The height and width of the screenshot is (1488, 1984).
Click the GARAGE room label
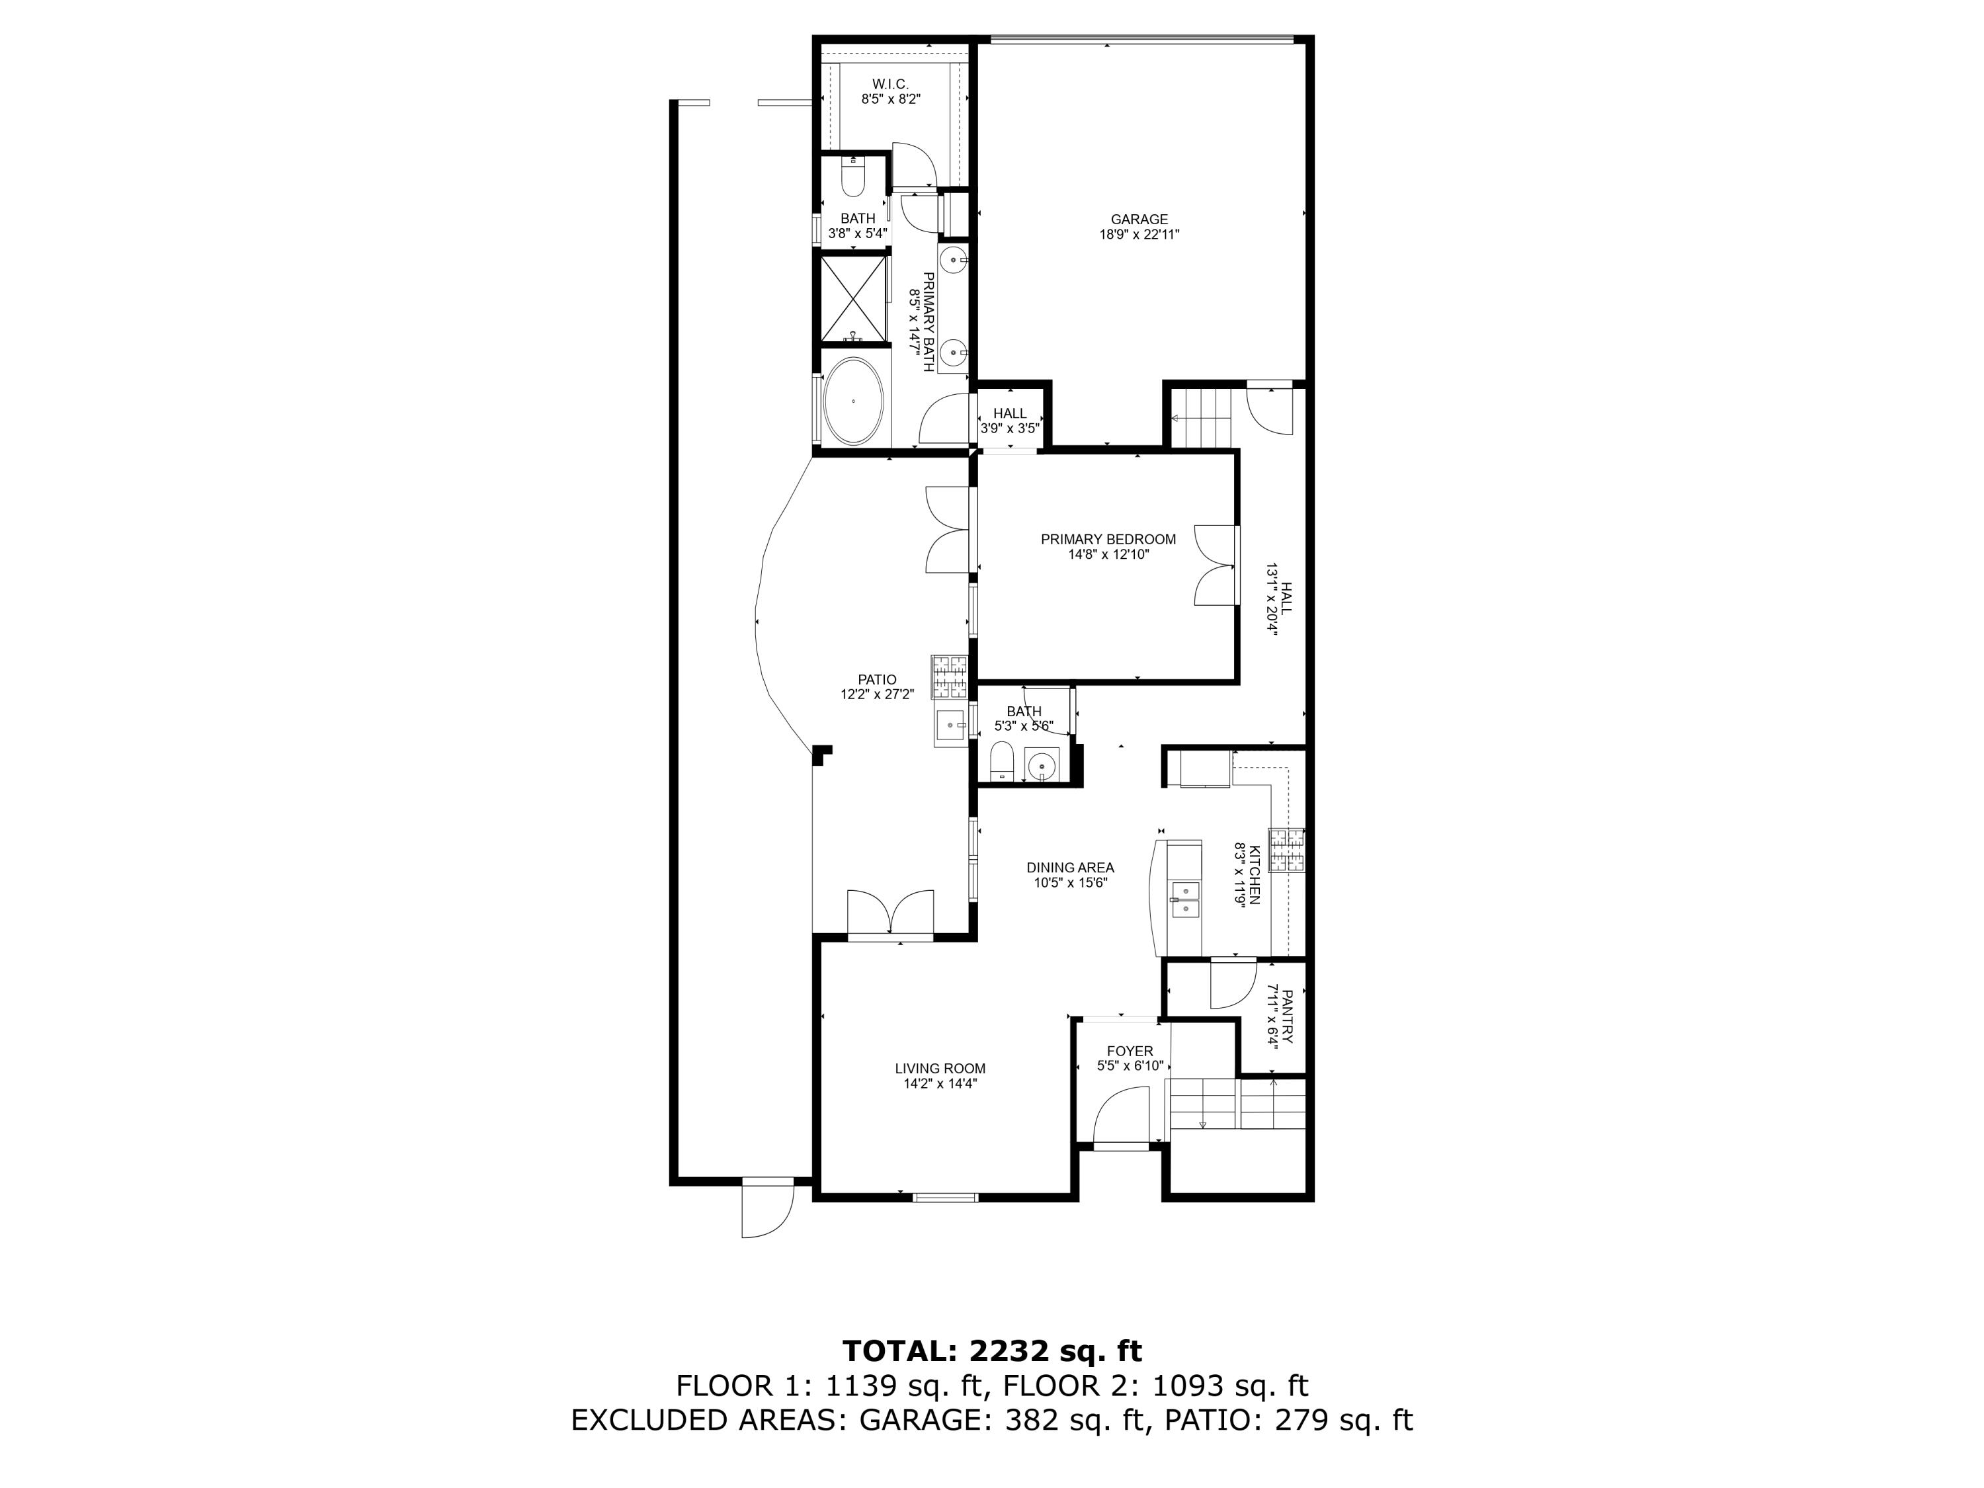pos(1139,219)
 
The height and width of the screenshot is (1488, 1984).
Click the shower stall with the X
pos(853,298)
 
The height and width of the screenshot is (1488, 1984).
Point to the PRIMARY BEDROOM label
pos(1108,539)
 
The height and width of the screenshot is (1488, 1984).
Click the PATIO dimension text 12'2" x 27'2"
pos(876,694)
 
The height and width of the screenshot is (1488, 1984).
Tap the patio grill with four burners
pos(950,677)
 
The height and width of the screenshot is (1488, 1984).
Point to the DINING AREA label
pos(1070,867)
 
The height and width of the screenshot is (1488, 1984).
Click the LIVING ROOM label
pos(940,1068)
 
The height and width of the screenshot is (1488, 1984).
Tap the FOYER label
pos(1130,1052)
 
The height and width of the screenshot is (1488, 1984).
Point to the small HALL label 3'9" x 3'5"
pos(1009,413)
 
